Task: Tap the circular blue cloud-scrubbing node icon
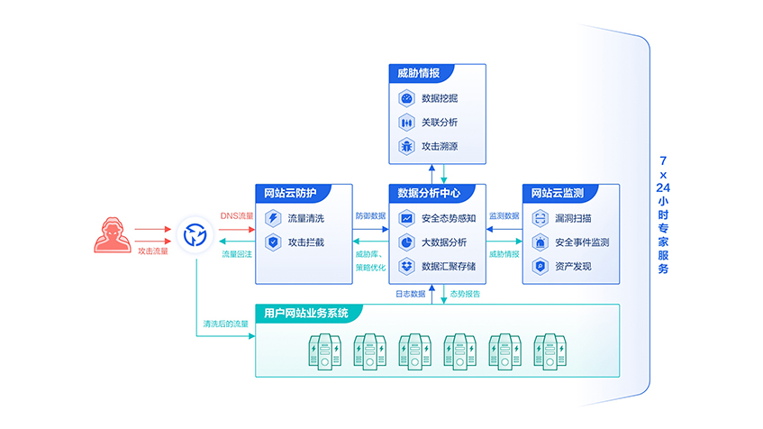tap(195, 236)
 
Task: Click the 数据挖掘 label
tap(440, 97)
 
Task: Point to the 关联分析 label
tap(440, 122)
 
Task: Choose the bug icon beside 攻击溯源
tap(406, 146)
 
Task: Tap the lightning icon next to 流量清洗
tap(273, 218)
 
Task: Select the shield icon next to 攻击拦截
tap(273, 242)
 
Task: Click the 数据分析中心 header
tap(429, 193)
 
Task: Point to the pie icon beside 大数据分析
tap(406, 242)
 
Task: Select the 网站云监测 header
tap(556, 193)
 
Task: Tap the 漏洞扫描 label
tap(573, 218)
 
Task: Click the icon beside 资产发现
tap(540, 266)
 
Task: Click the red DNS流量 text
tap(237, 216)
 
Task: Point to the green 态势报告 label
tap(465, 294)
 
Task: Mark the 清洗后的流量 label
tap(225, 324)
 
